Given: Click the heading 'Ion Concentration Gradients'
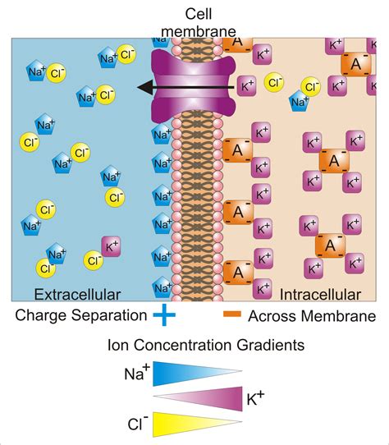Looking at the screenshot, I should point(194,345).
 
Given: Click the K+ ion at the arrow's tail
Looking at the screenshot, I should point(248,85).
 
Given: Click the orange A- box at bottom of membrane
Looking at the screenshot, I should point(237,272).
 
